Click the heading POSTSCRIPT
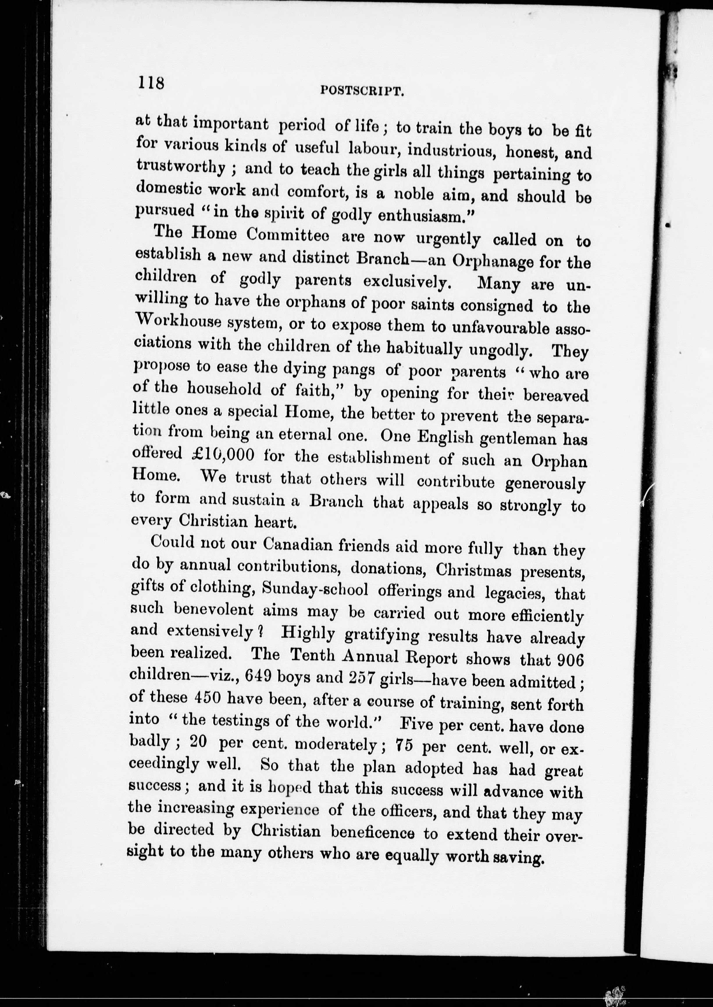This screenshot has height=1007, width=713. tap(362, 91)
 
